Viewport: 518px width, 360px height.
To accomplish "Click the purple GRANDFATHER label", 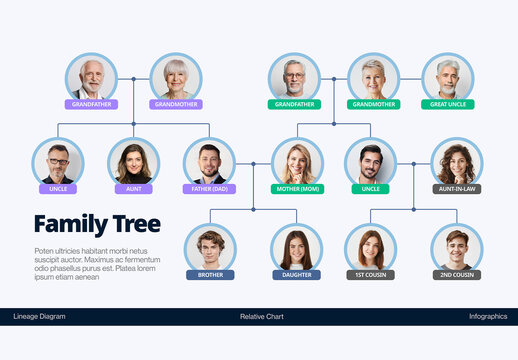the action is click(x=92, y=104).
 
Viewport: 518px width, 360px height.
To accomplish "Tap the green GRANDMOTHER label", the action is click(x=373, y=104).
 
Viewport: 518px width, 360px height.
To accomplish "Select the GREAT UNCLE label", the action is click(x=447, y=104).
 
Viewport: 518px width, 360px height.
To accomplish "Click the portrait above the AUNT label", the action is click(x=133, y=162).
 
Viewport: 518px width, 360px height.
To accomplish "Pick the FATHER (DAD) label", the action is click(x=209, y=188).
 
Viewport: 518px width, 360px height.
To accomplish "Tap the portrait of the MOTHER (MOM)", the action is click(x=297, y=162).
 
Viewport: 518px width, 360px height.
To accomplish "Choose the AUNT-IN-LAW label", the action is click(x=457, y=188).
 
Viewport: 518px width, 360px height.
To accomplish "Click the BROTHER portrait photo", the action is click(x=210, y=247).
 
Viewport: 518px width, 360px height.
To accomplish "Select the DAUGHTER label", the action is click(x=297, y=274).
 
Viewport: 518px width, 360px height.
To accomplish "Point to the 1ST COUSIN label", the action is click(x=370, y=274).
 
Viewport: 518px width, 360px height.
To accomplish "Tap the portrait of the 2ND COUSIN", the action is click(x=457, y=247).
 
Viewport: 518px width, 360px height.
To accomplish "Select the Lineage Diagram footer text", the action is click(x=40, y=316).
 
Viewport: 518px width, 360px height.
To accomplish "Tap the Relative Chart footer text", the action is click(x=262, y=316).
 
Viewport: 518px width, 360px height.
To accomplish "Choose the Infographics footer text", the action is click(x=488, y=316).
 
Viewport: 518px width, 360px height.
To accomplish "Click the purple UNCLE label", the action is click(x=58, y=188).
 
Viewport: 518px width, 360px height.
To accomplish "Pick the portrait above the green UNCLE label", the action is click(x=370, y=162).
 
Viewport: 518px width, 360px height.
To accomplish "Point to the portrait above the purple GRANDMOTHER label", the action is click(x=176, y=77).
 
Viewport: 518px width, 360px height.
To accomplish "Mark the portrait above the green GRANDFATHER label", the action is click(x=294, y=77).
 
